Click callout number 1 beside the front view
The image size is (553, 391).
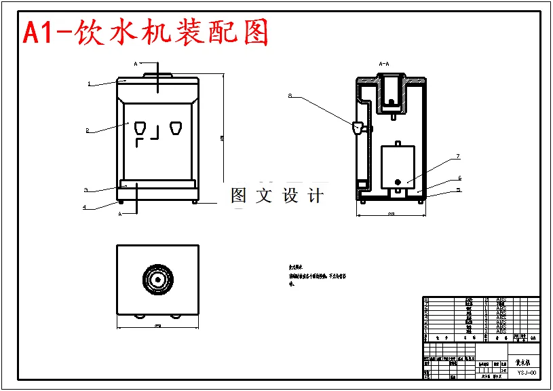(89, 84)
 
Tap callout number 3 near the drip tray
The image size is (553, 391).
(86, 190)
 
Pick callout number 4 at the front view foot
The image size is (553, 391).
(84, 207)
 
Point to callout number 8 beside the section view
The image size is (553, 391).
(290, 96)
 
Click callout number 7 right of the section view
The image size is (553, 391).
(457, 156)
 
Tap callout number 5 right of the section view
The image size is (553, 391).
(459, 190)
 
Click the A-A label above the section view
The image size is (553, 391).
(383, 64)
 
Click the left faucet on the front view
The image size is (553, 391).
(141, 128)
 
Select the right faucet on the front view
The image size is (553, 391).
(176, 128)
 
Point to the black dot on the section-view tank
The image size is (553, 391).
(398, 182)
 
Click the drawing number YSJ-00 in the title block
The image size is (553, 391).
(527, 371)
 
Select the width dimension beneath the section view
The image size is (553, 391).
(392, 215)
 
